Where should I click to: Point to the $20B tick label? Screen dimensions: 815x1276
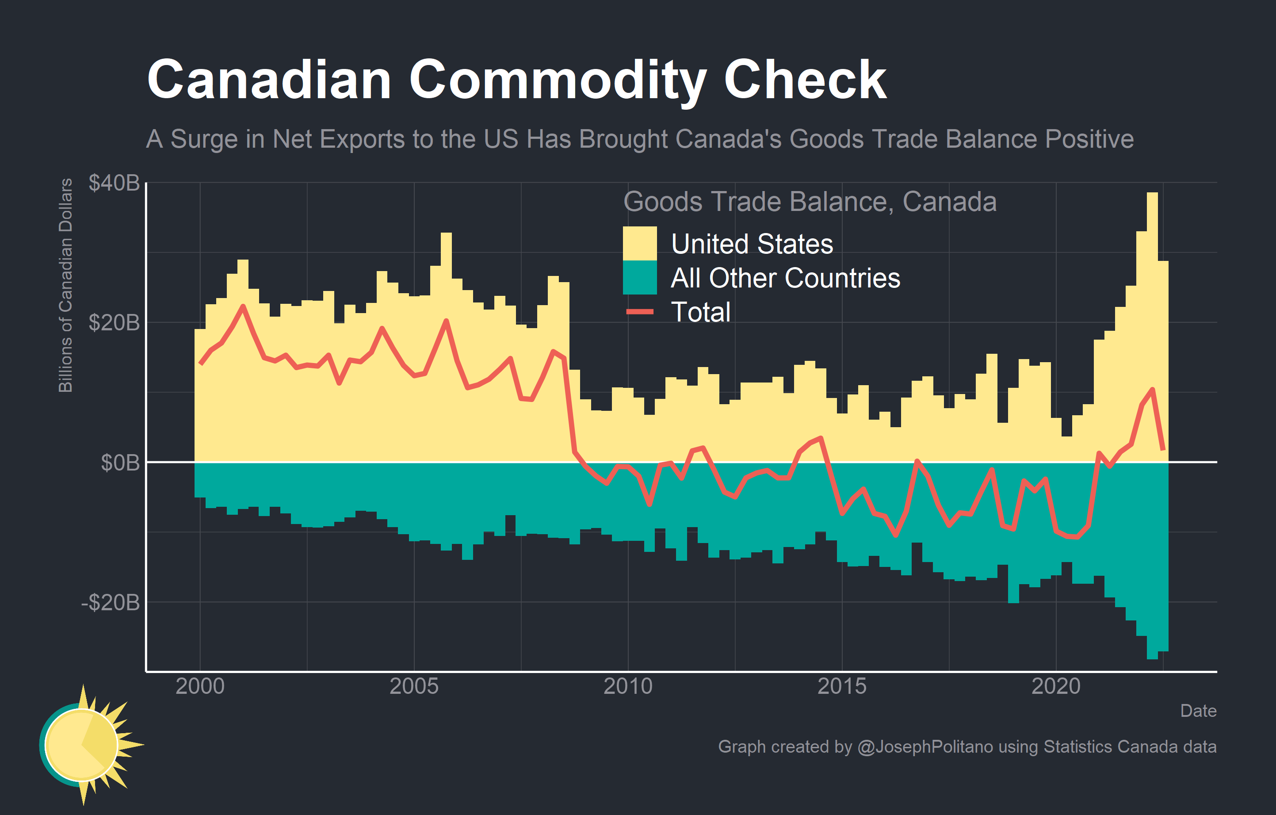tap(114, 322)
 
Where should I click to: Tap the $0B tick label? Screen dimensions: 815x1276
tap(120, 463)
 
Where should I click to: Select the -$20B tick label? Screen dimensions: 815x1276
tap(110, 602)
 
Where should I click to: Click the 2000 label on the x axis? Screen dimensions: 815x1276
tap(200, 686)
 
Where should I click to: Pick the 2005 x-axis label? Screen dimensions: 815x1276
tap(414, 686)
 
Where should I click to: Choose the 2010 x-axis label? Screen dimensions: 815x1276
tap(628, 686)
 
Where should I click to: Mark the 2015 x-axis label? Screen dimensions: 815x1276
tap(842, 686)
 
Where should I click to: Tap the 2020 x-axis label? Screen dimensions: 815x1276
tap(1056, 686)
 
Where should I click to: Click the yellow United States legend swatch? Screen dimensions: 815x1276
tap(640, 243)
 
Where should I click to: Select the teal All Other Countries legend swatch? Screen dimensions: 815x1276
tap(640, 277)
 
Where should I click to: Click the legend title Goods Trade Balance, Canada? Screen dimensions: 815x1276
tap(810, 202)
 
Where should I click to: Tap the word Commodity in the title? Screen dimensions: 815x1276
tap(558, 80)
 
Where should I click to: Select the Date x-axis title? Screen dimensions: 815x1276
tap(1198, 711)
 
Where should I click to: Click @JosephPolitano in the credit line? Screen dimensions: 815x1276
tap(925, 746)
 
